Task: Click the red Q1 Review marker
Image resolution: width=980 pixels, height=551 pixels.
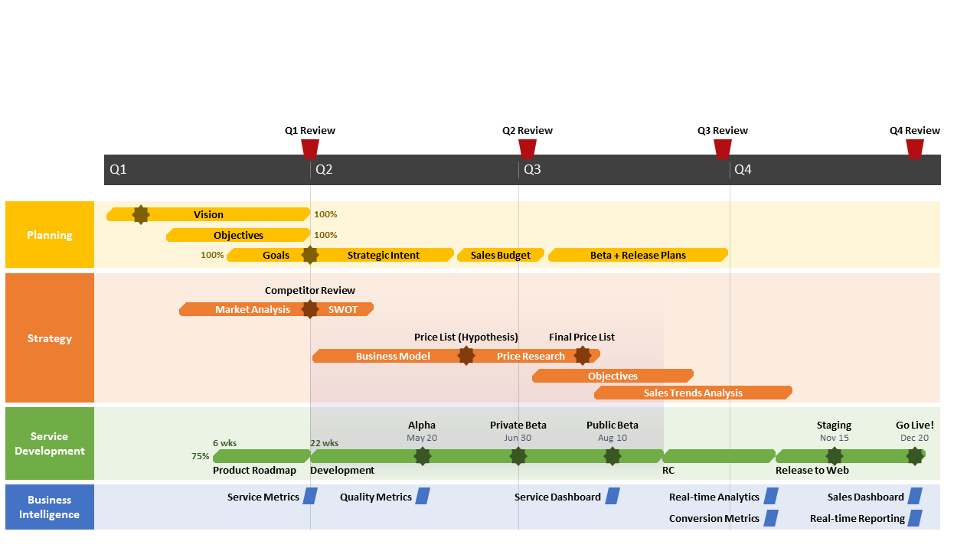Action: [x=310, y=148]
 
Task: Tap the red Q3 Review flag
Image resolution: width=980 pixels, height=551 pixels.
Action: [x=723, y=148]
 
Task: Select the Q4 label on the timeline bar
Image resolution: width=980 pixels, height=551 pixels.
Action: [x=743, y=169]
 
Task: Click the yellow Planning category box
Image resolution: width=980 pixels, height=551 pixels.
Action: [x=50, y=235]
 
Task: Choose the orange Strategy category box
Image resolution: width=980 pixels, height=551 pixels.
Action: [x=50, y=338]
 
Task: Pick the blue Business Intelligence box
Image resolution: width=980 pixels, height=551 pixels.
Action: [x=50, y=507]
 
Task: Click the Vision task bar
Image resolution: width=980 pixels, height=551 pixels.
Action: [x=208, y=215]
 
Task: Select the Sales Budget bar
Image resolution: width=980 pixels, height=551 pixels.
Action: [x=501, y=255]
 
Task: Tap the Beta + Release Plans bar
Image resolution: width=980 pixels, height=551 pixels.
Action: [x=638, y=255]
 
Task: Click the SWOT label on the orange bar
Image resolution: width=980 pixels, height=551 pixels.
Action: [x=343, y=309]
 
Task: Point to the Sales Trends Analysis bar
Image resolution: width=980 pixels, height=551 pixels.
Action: [x=693, y=393]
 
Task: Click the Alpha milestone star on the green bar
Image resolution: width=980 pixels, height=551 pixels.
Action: [x=422, y=456]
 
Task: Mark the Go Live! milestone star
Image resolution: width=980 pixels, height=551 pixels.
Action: [x=914, y=456]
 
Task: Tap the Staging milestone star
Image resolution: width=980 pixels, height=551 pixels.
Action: [x=835, y=456]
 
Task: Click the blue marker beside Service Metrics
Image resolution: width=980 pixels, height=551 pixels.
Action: [x=310, y=496]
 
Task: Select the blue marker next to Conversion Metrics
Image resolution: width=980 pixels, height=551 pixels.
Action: [x=771, y=518]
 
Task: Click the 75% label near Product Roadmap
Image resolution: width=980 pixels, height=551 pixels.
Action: [x=201, y=456]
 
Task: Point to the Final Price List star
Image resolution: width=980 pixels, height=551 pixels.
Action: [x=583, y=356]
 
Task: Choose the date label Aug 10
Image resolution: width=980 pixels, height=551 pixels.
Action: [x=612, y=438]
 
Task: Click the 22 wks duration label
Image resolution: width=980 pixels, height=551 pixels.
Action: [x=324, y=443]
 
